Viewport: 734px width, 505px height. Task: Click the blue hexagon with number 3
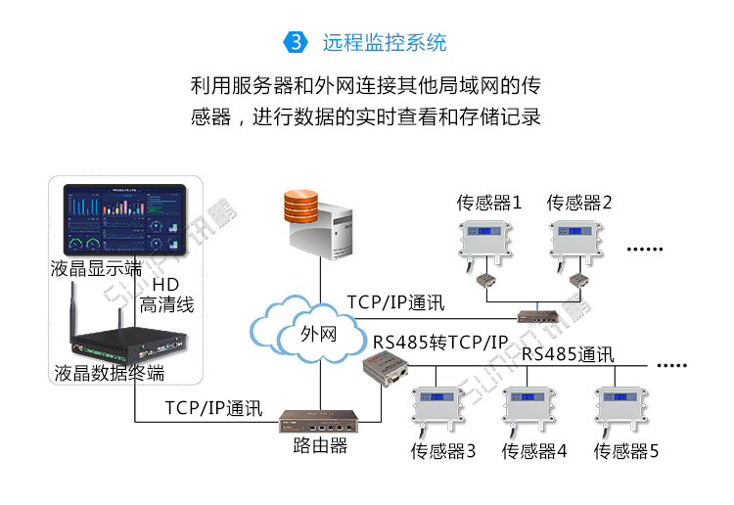[x=296, y=43]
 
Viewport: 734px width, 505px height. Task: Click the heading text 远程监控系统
[x=385, y=43]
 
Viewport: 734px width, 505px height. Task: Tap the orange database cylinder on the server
[x=300, y=206]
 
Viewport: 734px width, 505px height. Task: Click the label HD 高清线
[x=166, y=295]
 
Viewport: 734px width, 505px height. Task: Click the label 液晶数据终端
[x=110, y=374]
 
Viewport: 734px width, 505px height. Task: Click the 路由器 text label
[x=320, y=446]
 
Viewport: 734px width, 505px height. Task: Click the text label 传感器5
[x=626, y=452]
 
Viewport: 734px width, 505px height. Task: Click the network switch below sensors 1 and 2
[x=537, y=316]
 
